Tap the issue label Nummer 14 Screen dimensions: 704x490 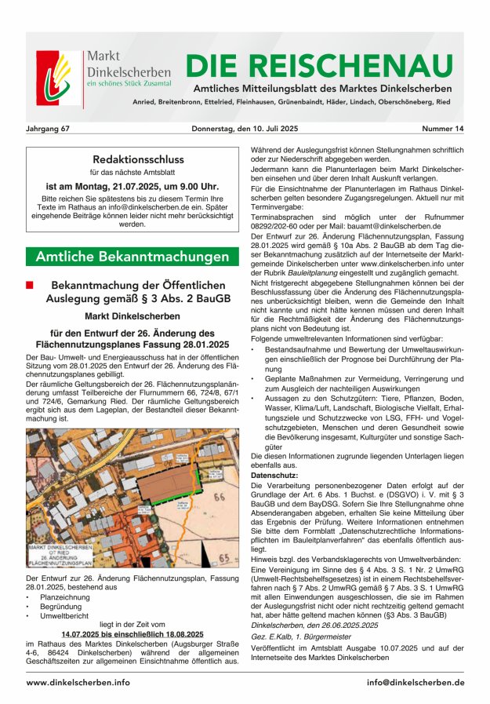(442, 128)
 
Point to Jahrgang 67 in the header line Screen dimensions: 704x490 (49, 128)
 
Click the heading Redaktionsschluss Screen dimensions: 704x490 (132, 158)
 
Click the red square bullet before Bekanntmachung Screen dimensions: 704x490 (31, 285)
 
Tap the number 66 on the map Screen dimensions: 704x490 (218, 498)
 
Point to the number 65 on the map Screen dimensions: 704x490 (225, 558)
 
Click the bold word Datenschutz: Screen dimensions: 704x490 (274, 476)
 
